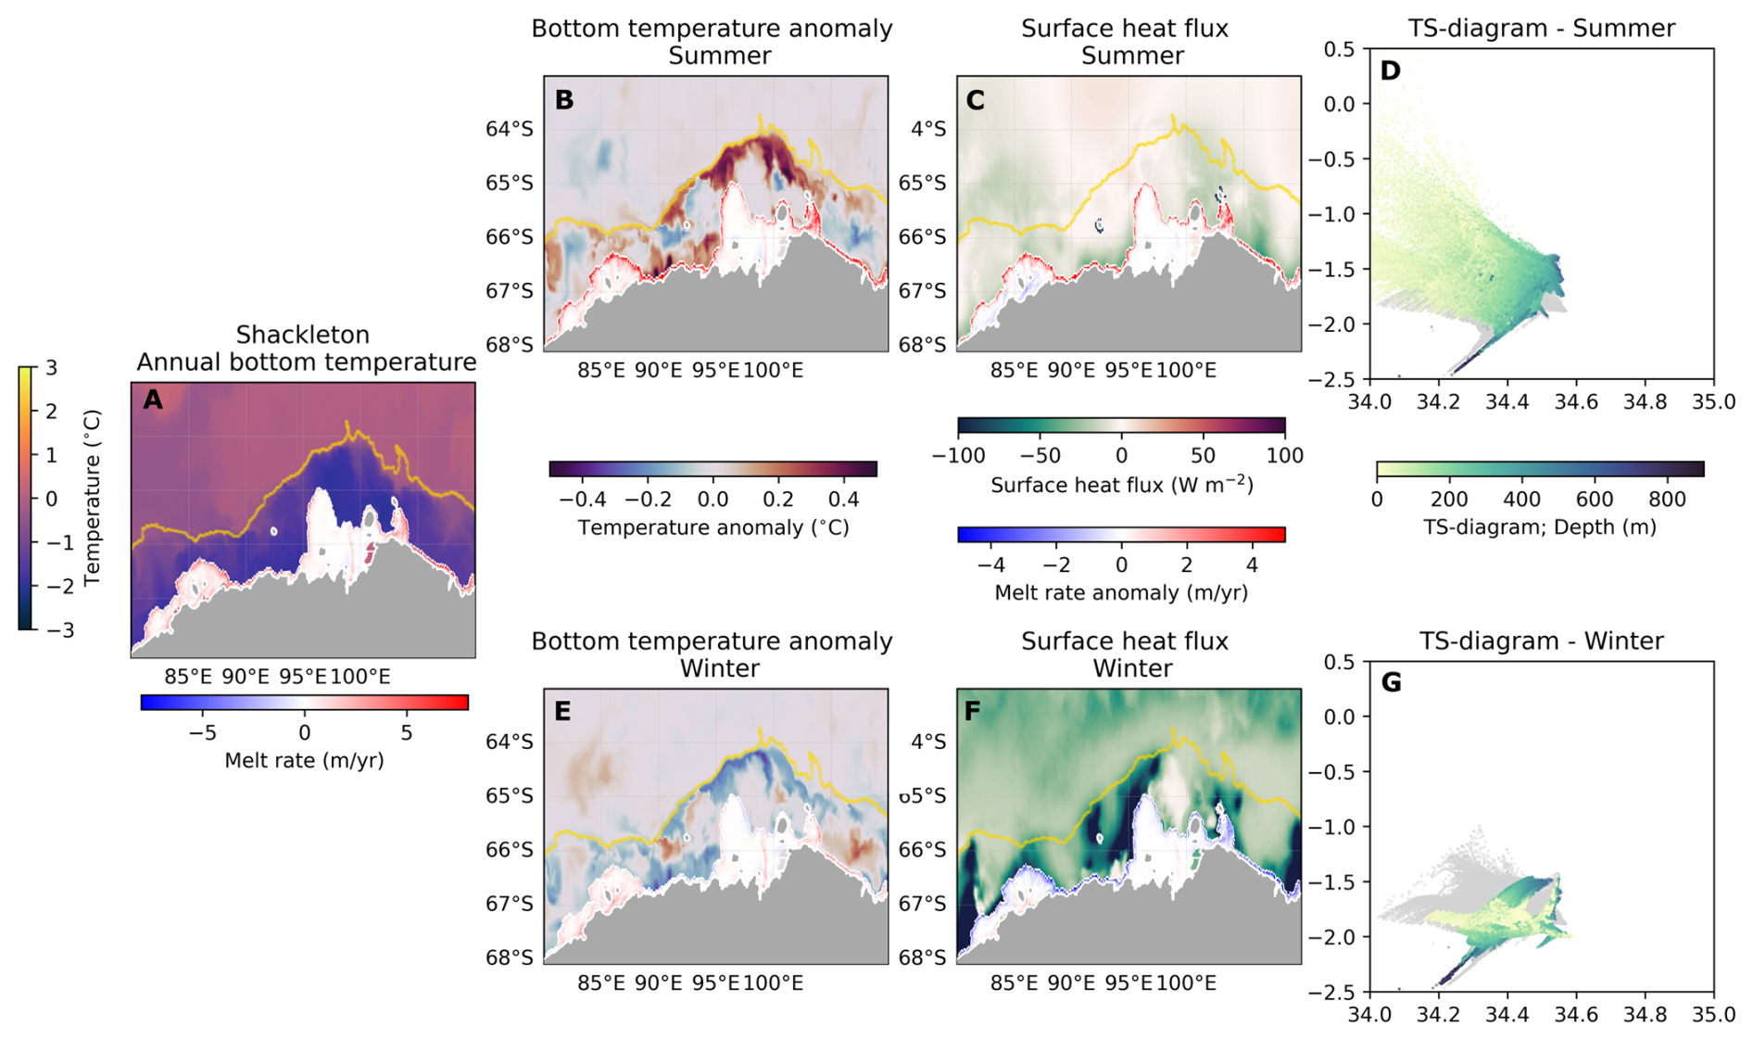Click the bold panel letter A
pyautogui.click(x=153, y=400)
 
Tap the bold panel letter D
pyautogui.click(x=1390, y=70)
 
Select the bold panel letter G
pyautogui.click(x=1391, y=683)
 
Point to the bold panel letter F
pyautogui.click(x=973, y=712)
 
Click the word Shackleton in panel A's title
pyautogui.click(x=303, y=335)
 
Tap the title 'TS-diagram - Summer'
pyautogui.click(x=1542, y=29)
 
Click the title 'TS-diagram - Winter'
pyautogui.click(x=1542, y=641)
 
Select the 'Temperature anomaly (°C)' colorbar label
pyautogui.click(x=713, y=527)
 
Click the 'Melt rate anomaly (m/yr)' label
pyautogui.click(x=1121, y=592)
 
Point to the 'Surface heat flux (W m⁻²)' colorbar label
pyautogui.click(x=1121, y=484)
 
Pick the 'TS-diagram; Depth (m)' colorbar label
pyautogui.click(x=1540, y=527)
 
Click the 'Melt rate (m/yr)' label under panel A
pyautogui.click(x=304, y=761)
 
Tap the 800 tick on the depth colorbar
pyautogui.click(x=1667, y=500)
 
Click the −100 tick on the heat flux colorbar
pyautogui.click(x=957, y=456)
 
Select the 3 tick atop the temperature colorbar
pyautogui.click(x=52, y=368)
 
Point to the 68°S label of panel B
pyautogui.click(x=510, y=345)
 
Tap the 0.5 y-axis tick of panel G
pyautogui.click(x=1339, y=662)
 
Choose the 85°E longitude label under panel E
pyautogui.click(x=601, y=983)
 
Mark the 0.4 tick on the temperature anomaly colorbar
pyautogui.click(x=843, y=500)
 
